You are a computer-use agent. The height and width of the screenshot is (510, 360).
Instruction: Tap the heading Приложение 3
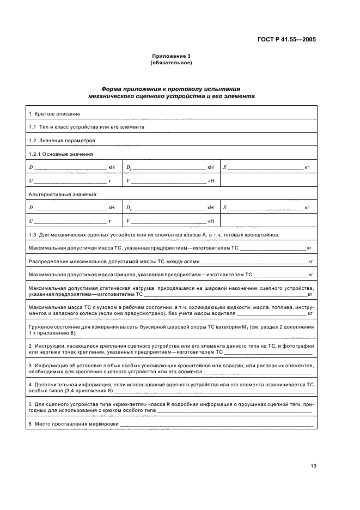pos(170,56)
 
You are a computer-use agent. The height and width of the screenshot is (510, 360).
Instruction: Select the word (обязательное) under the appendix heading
pos(170,62)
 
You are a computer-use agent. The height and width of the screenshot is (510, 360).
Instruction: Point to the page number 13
pos(313,466)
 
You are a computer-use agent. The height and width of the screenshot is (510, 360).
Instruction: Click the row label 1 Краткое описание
pos(54,113)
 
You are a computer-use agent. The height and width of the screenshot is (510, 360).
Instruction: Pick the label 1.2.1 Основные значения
pos(60,154)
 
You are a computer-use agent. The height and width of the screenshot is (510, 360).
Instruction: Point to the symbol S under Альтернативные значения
pos(224,208)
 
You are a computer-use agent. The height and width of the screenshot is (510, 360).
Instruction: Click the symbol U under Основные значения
pos(30,180)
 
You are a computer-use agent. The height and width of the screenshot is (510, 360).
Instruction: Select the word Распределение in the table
pos(47,262)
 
